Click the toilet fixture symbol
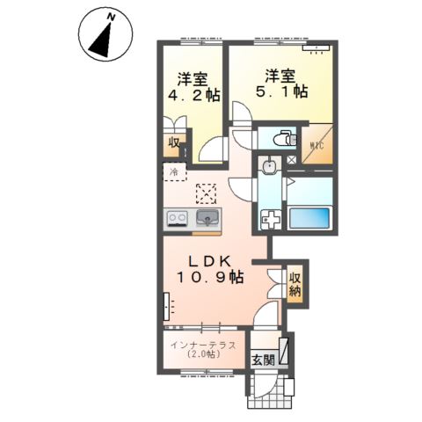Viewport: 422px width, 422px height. click(281, 138)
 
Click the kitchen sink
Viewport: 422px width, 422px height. click(207, 217)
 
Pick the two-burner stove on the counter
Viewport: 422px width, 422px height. click(176, 218)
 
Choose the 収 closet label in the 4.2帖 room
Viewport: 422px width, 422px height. click(173, 142)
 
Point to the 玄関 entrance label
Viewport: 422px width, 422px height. click(263, 360)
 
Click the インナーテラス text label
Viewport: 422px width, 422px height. click(203, 344)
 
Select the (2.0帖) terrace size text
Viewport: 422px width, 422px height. click(203, 357)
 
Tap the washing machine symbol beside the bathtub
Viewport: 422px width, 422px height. click(272, 217)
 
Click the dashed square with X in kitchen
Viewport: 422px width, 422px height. click(206, 193)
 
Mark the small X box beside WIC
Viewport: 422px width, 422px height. click(290, 164)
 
